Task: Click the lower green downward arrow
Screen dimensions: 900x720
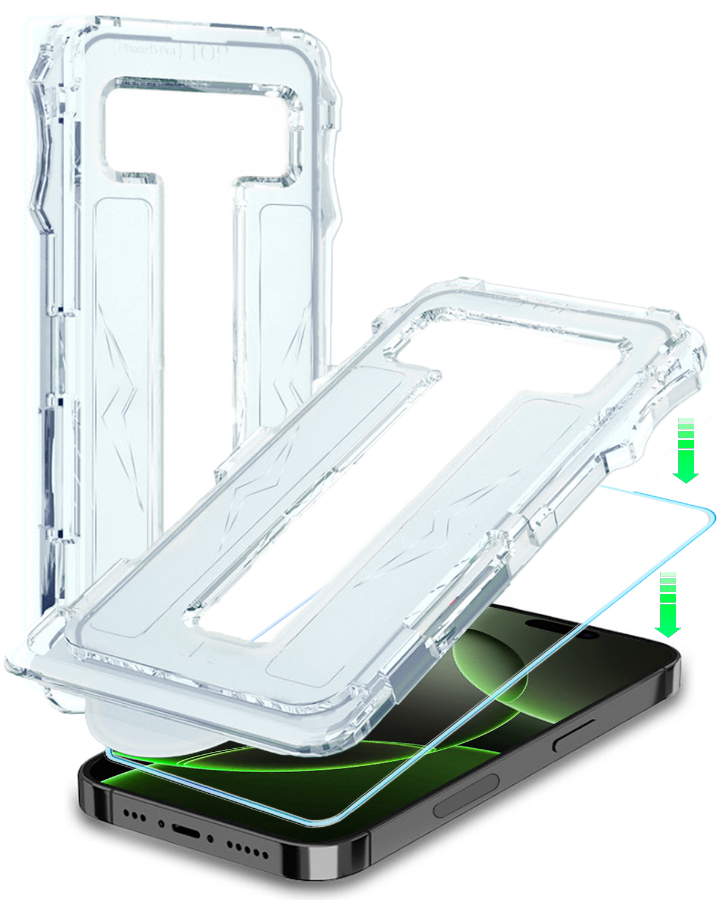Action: click(x=667, y=606)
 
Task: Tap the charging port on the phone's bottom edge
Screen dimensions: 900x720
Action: click(x=186, y=832)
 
